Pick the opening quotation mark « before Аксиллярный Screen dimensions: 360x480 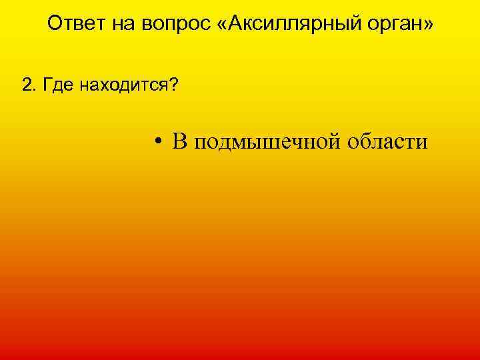[x=223, y=25]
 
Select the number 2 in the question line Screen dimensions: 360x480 [x=26, y=85]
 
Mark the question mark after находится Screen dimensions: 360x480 [x=173, y=85]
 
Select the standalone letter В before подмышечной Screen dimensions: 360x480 [x=178, y=141]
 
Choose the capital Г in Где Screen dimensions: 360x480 [x=44, y=85]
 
